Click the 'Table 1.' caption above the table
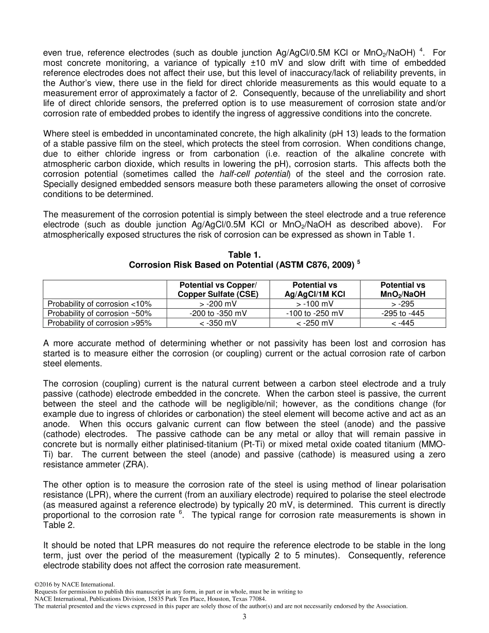[x=244, y=255]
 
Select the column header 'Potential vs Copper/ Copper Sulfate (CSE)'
[x=217, y=290]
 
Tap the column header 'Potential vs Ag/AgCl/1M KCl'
[x=315, y=290]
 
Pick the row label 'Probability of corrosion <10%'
[x=99, y=304]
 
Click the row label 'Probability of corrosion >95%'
[x=99, y=323]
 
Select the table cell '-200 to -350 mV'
[x=218, y=313]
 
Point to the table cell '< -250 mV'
[x=315, y=323]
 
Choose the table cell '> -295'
[x=403, y=304]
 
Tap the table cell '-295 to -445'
[x=403, y=313]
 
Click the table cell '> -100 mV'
[x=315, y=304]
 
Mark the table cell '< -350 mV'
[x=218, y=323]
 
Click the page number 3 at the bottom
[x=244, y=617]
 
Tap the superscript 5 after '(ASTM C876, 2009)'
[x=358, y=262]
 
